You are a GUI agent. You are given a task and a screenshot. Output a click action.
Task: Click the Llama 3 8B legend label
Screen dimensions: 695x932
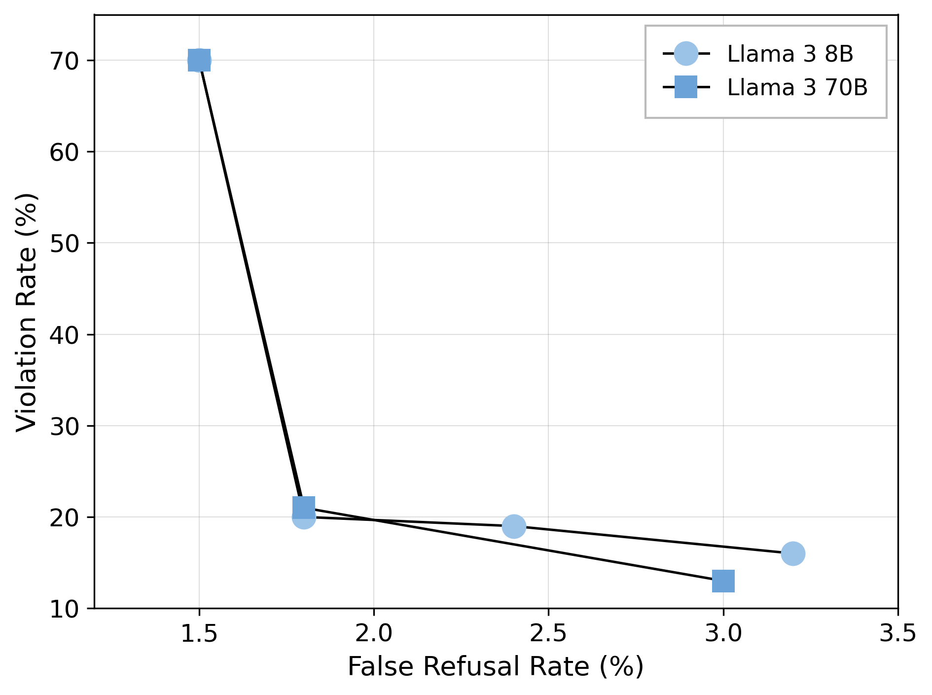point(790,54)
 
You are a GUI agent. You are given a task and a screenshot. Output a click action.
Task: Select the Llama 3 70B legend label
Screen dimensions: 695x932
point(797,87)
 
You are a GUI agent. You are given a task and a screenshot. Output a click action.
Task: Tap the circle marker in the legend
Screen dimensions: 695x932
point(686,53)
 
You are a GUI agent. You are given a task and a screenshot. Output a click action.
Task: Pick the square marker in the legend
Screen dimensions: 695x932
point(686,87)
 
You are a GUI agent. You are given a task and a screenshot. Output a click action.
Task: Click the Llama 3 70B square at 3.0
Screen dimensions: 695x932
point(723,581)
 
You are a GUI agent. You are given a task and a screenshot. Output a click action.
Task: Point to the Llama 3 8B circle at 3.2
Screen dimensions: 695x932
point(793,553)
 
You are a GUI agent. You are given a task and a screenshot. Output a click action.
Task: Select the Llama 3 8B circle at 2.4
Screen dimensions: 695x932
point(514,526)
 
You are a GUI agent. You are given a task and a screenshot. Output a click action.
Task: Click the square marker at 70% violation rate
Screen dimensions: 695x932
point(199,60)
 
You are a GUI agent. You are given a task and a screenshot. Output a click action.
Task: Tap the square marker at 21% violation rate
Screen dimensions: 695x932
point(304,507)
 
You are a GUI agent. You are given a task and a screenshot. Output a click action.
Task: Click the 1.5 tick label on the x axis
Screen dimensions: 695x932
point(199,633)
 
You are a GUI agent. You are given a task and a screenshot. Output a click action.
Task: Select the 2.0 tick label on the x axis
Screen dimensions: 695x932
point(374,633)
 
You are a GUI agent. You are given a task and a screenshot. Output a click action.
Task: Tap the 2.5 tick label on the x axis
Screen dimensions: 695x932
point(548,633)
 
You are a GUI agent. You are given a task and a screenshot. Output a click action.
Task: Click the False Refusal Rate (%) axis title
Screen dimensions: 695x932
point(496,667)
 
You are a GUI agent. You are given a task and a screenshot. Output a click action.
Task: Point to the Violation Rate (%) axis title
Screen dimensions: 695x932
point(27,312)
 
